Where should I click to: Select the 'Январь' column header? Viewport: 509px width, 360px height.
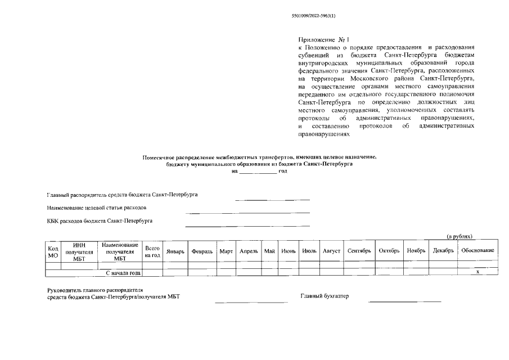(175, 251)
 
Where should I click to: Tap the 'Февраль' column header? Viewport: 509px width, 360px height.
(202, 251)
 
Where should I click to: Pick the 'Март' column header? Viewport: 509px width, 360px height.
(226, 251)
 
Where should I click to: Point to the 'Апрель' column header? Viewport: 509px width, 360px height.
(249, 251)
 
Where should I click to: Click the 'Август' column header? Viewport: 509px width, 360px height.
(331, 251)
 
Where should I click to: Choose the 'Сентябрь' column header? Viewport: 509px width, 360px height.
(359, 251)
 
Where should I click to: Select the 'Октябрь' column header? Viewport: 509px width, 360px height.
(389, 251)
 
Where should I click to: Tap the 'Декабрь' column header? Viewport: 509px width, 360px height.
(443, 251)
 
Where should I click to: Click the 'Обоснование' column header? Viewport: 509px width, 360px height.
(478, 251)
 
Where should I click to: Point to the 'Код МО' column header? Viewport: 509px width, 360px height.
(53, 251)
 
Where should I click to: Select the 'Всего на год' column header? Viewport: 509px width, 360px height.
(152, 251)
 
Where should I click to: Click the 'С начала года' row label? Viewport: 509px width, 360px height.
(123, 273)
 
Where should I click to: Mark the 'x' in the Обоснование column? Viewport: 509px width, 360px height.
(478, 273)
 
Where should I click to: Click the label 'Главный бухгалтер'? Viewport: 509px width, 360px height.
(325, 296)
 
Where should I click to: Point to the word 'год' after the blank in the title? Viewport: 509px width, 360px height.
(283, 171)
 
